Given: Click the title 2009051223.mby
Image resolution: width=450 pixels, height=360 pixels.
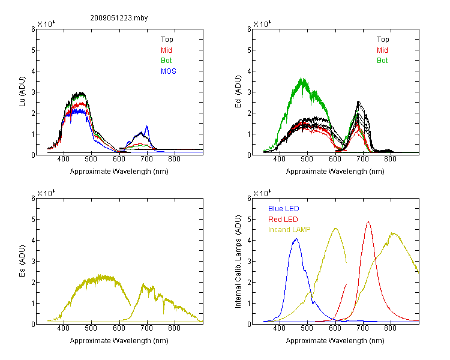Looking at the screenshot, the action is [x=119, y=18].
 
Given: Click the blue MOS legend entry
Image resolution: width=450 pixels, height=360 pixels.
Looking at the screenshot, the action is [x=169, y=71].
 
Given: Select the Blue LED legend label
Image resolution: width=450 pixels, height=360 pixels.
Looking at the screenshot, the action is [x=284, y=209].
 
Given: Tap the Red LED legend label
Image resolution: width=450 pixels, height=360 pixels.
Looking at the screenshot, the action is [x=283, y=220].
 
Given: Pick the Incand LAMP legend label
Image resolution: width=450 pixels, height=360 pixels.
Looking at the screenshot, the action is [x=289, y=230].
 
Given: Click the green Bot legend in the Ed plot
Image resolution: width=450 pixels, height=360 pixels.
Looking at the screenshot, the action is [x=382, y=61].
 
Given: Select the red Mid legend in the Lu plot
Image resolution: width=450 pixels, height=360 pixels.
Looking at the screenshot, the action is [x=166, y=50].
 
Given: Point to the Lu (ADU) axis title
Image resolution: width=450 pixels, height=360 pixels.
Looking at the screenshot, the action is [x=22, y=91].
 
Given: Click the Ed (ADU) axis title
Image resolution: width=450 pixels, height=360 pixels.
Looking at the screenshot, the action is [x=238, y=91].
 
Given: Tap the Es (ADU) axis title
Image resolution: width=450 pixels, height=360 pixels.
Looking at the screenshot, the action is [x=22, y=260].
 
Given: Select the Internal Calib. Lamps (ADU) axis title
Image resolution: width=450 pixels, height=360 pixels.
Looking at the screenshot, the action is [x=238, y=262].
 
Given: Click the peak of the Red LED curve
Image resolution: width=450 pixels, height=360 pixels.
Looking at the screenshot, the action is [x=368, y=222].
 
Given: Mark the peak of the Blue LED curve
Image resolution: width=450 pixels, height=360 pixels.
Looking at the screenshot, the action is [x=296, y=239].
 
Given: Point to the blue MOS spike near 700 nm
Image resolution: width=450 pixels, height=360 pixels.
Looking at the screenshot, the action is [x=147, y=126].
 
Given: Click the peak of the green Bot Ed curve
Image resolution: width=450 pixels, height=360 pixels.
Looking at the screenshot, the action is [x=302, y=78].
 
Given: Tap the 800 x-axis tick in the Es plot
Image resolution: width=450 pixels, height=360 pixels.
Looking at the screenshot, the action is [x=174, y=328].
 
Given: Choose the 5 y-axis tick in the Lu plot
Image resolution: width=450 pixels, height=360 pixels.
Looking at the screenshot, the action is [x=33, y=50].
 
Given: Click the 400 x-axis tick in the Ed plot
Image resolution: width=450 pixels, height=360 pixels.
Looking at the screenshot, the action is [x=280, y=159].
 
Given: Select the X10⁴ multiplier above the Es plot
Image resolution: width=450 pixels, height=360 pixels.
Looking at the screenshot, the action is [x=46, y=193].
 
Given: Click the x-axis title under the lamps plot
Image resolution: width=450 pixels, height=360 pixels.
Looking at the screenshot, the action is [x=335, y=341].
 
